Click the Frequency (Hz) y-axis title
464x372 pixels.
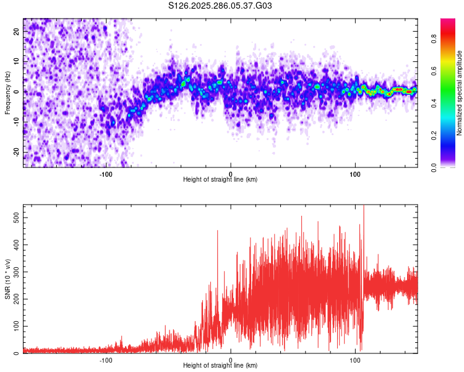(x=7, y=92)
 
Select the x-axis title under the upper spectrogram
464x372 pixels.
(x=220, y=179)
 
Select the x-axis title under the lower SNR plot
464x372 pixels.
(x=220, y=365)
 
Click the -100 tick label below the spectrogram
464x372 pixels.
(x=106, y=173)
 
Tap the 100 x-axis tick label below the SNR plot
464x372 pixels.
(x=355, y=359)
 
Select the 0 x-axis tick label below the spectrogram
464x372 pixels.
(x=231, y=173)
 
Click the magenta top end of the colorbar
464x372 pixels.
(x=448, y=22)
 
